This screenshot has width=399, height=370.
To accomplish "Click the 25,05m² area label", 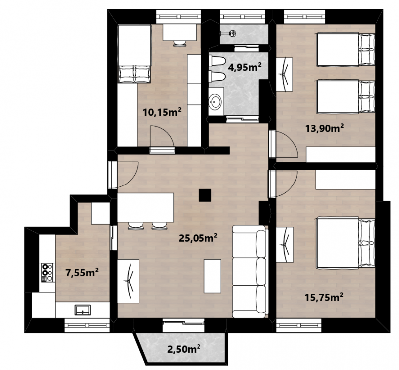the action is pyautogui.click(x=198, y=238).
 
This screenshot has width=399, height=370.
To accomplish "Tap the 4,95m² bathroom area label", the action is pyautogui.click(x=245, y=67).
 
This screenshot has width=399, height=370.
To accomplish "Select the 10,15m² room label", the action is pyautogui.click(x=162, y=112).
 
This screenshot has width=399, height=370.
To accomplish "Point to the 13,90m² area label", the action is pyautogui.click(x=325, y=128).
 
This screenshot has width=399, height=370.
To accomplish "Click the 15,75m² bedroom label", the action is pyautogui.click(x=324, y=297).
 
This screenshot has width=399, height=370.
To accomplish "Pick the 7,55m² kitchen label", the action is pyautogui.click(x=82, y=273).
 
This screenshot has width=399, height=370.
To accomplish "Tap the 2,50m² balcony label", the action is pyautogui.click(x=184, y=349).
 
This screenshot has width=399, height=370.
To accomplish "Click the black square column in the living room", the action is pyautogui.click(x=205, y=195).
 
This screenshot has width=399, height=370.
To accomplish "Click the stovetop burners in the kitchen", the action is pyautogui.click(x=47, y=273).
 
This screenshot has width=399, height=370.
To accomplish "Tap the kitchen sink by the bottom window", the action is pyautogui.click(x=82, y=310).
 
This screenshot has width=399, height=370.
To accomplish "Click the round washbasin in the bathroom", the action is pyautogui.click(x=216, y=102).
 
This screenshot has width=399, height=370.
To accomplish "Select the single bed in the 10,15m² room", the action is pyautogui.click(x=134, y=54).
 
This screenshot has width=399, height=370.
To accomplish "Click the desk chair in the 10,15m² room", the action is pyautogui.click(x=180, y=43).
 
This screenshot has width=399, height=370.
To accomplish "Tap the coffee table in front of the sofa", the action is pyautogui.click(x=213, y=276).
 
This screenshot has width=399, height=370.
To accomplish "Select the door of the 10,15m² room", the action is pyautogui.click(x=162, y=140).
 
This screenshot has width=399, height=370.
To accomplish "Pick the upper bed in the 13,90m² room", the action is pyautogui.click(x=346, y=49).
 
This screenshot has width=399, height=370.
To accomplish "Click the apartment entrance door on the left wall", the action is pyautogui.click(x=123, y=175).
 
